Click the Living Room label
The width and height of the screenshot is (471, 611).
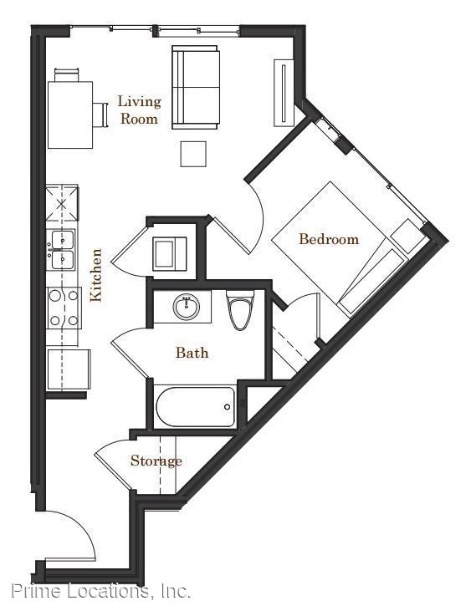pos(140,109)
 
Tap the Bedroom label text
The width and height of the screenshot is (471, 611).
pos(329,238)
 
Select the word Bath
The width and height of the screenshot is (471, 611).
pos(192,353)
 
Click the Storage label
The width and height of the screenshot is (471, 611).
pos(156,461)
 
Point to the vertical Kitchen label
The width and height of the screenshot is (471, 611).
pos(95,275)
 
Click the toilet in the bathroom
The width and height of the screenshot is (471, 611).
pos(240,310)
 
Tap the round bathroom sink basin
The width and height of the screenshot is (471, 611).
pos(187,307)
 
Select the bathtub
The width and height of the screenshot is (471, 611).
pos(195,406)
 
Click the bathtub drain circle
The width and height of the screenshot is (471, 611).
pos(228,407)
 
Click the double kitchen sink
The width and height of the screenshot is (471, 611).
pos(60,249)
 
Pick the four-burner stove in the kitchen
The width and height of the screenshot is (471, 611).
pos(64,308)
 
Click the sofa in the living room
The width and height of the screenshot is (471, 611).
pos(196,87)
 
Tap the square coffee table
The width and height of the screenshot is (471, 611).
pos(193,154)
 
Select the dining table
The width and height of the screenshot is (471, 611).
pos(70,115)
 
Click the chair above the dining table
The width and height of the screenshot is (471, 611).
pos(67,74)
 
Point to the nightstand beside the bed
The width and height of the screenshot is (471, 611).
pos(407,237)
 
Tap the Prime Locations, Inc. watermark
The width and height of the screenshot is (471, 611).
pos(100,591)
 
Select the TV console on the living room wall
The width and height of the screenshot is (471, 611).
pos(284,93)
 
